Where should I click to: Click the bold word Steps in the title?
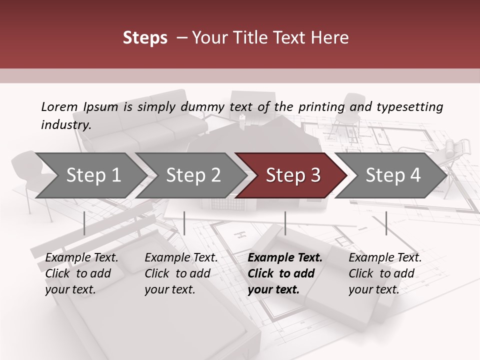pyautogui.click(x=145, y=38)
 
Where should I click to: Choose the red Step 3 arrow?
pyautogui.click(x=293, y=175)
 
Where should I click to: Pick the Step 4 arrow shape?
pyautogui.click(x=393, y=175)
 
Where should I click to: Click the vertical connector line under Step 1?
pyautogui.click(x=84, y=223)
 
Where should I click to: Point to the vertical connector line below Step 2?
pyautogui.click(x=184, y=223)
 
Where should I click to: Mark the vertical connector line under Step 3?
pyautogui.click(x=285, y=223)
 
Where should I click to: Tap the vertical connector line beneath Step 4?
pyautogui.click(x=386, y=223)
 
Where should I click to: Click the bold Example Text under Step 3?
pyautogui.click(x=285, y=258)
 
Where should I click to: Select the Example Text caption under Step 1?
pyautogui.click(x=81, y=258)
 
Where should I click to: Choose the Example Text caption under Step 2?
pyautogui.click(x=181, y=258)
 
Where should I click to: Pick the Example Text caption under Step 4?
pyautogui.click(x=385, y=258)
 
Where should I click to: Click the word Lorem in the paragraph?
pyautogui.click(x=59, y=107)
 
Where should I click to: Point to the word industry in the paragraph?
pyautogui.click(x=66, y=125)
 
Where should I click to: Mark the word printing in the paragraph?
pyautogui.click(x=321, y=107)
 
